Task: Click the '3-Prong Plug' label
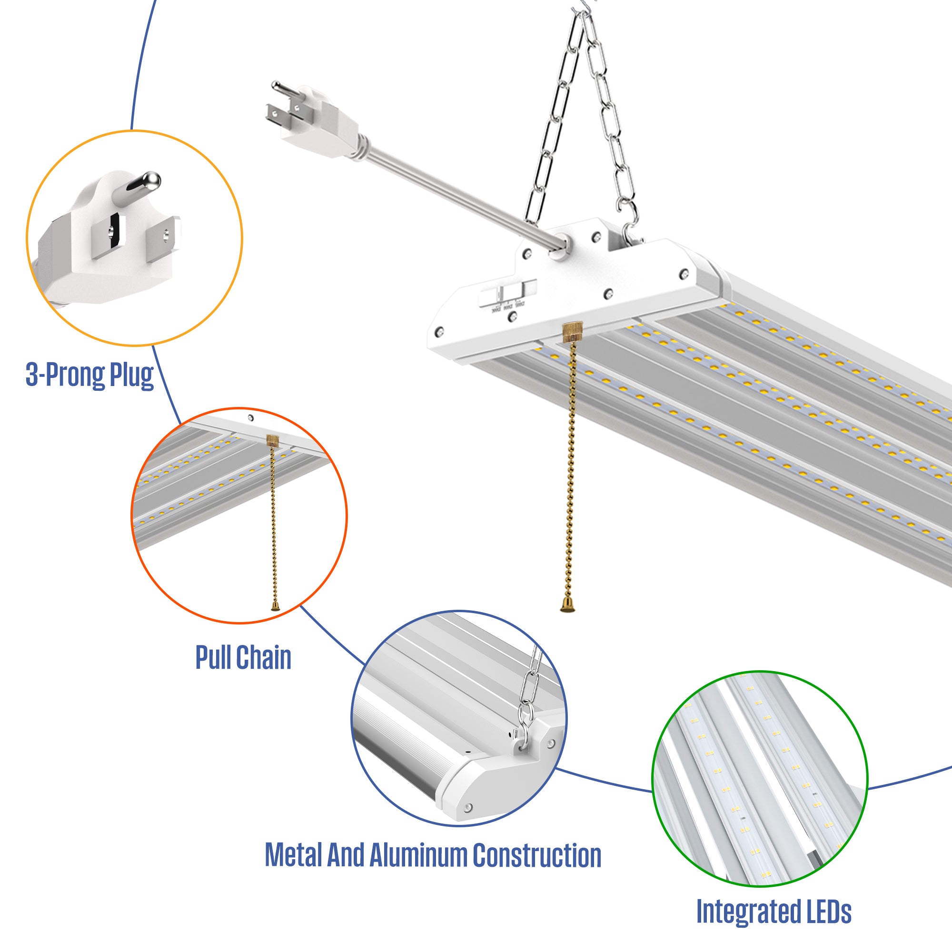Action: (x=89, y=376)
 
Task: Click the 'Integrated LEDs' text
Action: (x=773, y=912)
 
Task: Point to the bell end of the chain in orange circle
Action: (x=276, y=606)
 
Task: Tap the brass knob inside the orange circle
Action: (x=272, y=440)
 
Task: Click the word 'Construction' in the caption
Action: (x=536, y=856)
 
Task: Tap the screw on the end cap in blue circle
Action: (x=468, y=807)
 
